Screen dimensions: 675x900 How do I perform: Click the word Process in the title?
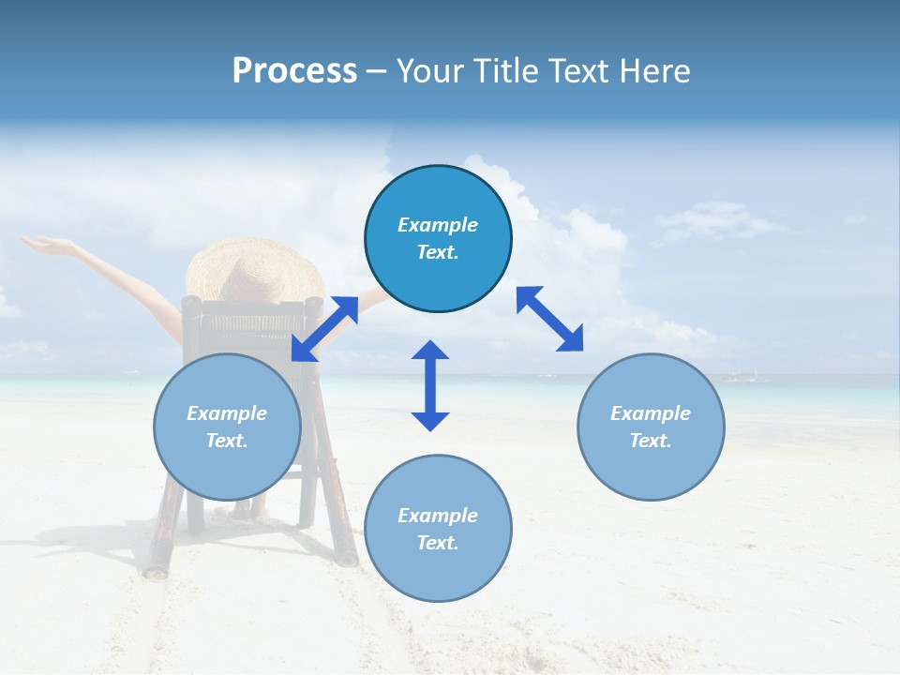pos(294,71)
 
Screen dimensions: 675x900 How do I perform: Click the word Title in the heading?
pos(502,71)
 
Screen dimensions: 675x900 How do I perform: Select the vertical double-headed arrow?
pos(430,385)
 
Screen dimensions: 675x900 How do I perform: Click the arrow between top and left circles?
pos(324,328)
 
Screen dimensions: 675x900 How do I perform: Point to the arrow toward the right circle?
pos(550,319)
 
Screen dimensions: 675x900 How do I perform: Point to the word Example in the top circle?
pos(438,225)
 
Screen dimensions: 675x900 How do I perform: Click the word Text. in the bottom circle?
pos(438,543)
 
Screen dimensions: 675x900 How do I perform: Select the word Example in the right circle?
pos(651,413)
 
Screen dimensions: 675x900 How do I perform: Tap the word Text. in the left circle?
pos(227,441)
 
